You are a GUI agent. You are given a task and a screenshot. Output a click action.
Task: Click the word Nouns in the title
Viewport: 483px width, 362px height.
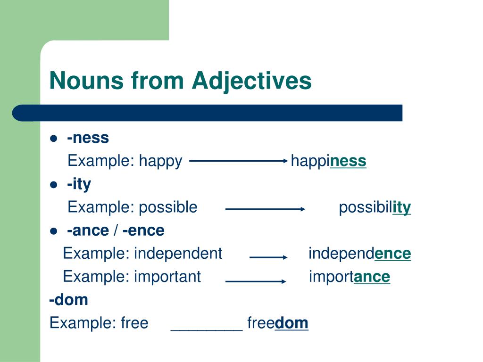[86, 81]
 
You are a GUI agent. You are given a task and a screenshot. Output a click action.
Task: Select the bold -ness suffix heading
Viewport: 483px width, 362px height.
[88, 138]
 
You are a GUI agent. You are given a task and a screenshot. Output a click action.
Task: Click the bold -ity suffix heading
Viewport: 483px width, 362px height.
[79, 184]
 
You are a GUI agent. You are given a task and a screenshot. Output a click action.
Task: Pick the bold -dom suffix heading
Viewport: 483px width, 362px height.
[69, 299]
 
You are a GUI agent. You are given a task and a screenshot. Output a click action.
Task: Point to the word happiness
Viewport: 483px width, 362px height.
[328, 161]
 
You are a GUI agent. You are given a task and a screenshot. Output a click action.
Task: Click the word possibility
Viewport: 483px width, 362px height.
[375, 207]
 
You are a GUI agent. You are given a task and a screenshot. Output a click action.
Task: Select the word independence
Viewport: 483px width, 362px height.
[360, 253]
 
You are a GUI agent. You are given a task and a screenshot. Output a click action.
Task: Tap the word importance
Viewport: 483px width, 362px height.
[350, 277]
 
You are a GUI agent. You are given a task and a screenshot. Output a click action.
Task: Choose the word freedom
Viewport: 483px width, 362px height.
[277, 323]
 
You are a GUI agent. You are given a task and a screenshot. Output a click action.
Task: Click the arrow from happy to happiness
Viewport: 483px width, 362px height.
[238, 160]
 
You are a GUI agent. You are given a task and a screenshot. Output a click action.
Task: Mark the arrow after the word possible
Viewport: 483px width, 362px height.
[265, 209]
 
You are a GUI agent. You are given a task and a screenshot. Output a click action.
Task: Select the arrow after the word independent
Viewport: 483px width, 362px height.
[268, 257]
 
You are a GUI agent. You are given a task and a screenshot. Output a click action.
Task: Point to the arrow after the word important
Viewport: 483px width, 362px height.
[256, 281]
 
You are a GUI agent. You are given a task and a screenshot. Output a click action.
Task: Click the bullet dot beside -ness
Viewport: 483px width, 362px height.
[54, 138]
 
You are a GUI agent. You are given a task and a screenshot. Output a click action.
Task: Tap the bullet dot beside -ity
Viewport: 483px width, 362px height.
[54, 185]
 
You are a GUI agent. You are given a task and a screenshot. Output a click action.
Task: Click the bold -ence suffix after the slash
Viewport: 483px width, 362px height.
[143, 230]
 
